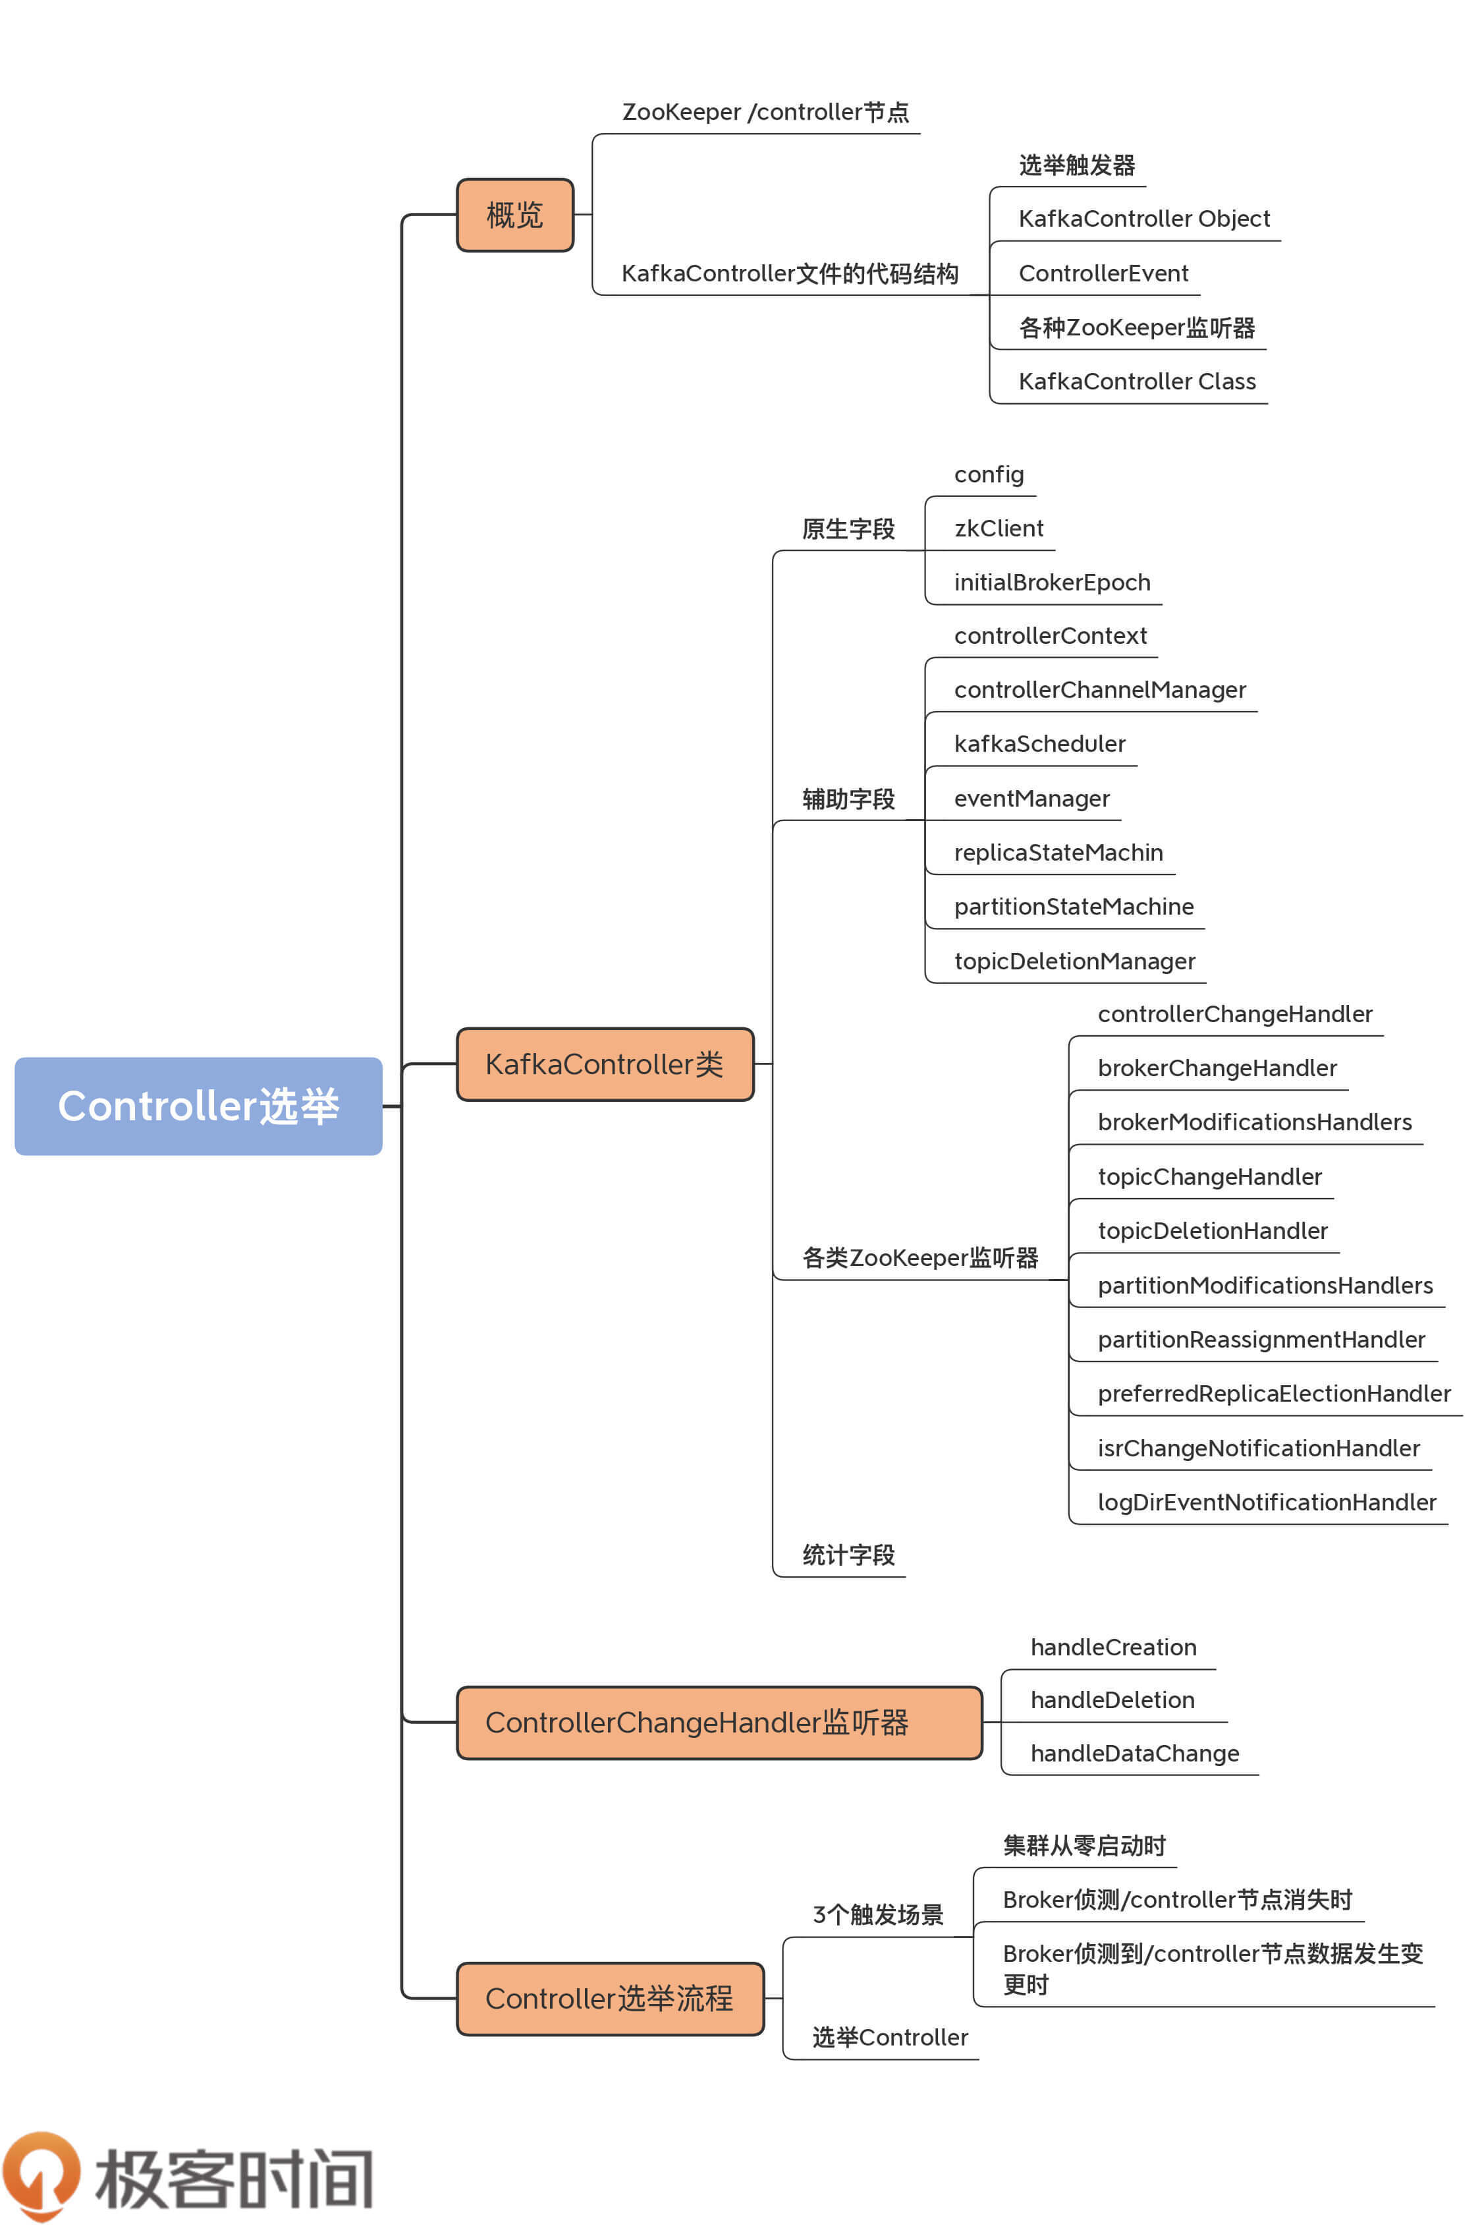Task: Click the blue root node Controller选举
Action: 198,1105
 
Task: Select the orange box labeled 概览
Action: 515,215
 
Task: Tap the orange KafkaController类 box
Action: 605,1064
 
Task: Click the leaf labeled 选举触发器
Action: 1076,165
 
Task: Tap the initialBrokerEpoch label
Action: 1052,583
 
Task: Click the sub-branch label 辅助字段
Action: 848,799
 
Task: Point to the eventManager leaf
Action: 1031,799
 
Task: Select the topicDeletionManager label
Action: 1075,961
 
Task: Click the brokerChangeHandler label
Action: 1217,1068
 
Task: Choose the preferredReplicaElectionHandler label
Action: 1273,1394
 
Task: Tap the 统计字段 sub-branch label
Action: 848,1555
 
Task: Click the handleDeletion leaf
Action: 1112,1700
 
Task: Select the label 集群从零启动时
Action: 1084,1845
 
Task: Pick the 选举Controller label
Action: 889,2037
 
